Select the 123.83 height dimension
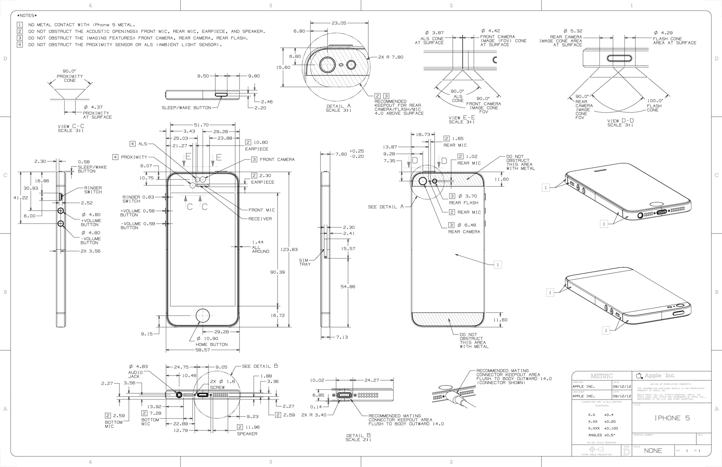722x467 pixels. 289,249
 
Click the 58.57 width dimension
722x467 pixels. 202,350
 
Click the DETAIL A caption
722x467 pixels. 338,106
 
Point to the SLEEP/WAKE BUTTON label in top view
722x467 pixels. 186,108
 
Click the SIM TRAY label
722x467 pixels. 305,262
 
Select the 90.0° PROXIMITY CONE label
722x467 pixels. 70,76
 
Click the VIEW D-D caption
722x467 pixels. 620,121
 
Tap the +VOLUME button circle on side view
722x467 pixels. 61,211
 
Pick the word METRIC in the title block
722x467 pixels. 601,376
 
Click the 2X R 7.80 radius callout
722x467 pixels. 390,57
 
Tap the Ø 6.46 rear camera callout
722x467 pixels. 467,225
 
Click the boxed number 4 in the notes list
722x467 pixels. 20,45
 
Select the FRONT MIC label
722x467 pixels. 262,210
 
